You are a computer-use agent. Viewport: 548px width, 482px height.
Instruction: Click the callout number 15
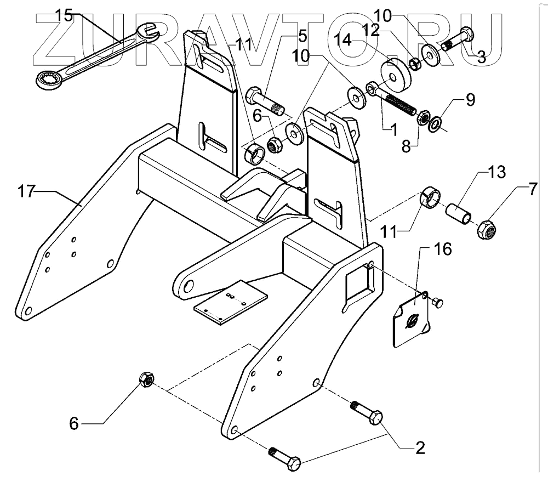(x=64, y=16)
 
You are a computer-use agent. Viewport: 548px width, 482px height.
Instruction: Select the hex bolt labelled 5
(x=265, y=99)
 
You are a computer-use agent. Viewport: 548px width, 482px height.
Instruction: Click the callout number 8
(x=406, y=147)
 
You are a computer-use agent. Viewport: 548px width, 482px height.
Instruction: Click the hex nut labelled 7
(x=487, y=230)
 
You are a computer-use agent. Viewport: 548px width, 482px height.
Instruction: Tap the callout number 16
(x=442, y=249)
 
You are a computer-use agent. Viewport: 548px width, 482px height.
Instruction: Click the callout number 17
(x=26, y=192)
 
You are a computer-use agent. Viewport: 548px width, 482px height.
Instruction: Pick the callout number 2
(x=420, y=448)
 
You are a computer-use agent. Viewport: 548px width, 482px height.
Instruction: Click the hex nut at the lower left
(x=146, y=379)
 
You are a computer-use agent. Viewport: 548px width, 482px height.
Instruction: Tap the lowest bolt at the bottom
(x=285, y=459)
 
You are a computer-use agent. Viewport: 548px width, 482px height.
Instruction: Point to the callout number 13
(x=496, y=172)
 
